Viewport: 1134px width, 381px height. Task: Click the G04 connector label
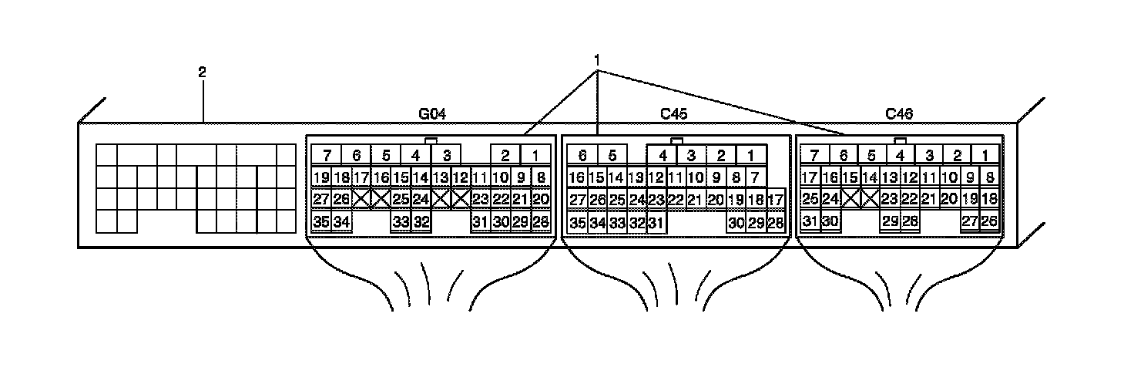432,114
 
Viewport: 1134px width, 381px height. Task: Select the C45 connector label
674,114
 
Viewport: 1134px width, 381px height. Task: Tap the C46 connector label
899,114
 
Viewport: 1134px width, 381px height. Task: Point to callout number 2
202,72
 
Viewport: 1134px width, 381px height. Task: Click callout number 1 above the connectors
596,59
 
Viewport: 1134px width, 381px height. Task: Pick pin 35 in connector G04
322,222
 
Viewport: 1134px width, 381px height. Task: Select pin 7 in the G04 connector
327,154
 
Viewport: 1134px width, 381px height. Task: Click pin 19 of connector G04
322,177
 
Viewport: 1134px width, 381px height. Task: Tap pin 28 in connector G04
541,222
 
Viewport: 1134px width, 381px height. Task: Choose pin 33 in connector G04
401,222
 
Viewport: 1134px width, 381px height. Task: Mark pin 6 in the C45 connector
582,154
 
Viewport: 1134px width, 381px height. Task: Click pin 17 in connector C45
775,199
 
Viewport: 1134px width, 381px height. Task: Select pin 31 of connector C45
656,223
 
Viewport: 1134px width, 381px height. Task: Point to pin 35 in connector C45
578,223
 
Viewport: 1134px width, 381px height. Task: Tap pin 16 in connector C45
578,177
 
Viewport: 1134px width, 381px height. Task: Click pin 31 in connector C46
810,221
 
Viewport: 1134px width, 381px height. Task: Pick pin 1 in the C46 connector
985,154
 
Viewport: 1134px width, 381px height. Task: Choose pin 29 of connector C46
891,221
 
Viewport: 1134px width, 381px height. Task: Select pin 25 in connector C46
810,199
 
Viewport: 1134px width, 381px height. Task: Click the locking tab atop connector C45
676,140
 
